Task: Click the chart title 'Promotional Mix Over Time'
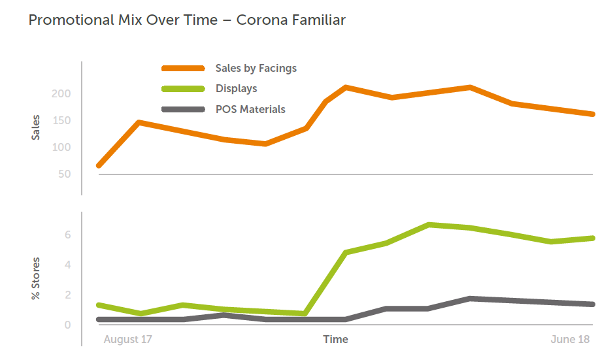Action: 123,20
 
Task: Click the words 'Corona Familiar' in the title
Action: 291,20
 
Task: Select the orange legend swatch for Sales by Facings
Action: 183,68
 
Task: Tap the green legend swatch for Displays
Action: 183,89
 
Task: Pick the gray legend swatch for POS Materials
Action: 183,110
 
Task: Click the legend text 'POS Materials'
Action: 250,110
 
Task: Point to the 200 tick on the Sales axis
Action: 61,94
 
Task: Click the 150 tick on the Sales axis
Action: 61,121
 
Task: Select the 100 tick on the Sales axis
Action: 61,148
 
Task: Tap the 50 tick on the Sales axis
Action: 63,174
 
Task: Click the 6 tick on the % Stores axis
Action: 67,235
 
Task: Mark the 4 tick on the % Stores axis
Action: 67,265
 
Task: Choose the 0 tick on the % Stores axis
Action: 67,325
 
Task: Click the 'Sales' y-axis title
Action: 36,127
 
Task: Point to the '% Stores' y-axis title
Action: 36,279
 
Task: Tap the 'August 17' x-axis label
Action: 128,340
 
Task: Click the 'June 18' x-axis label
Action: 570,340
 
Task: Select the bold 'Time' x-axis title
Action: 336,340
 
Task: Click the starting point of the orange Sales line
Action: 99,165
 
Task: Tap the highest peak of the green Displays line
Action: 429,225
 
